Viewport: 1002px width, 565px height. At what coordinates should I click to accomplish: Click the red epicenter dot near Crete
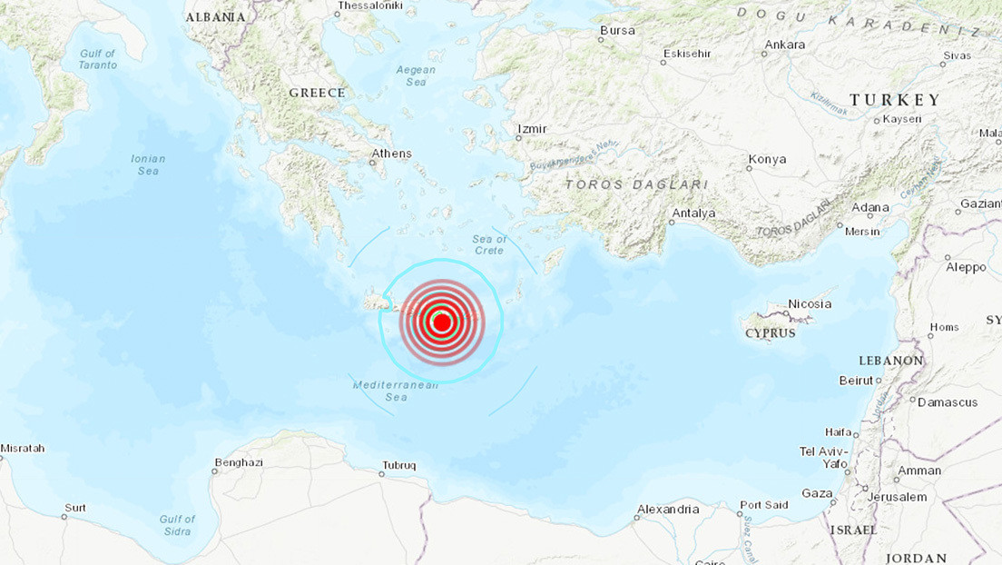(442, 322)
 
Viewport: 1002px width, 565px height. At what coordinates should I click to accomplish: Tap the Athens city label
(391, 154)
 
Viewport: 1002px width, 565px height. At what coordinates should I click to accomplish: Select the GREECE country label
(317, 93)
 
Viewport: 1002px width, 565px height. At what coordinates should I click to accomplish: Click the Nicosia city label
(810, 303)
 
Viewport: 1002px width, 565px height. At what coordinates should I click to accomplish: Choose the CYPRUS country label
(770, 333)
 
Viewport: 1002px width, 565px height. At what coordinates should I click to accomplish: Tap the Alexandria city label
(668, 510)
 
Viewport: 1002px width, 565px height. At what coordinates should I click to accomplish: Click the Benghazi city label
(238, 462)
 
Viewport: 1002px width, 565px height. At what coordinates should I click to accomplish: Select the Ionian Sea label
(148, 164)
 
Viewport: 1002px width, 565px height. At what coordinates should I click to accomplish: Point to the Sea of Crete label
(489, 244)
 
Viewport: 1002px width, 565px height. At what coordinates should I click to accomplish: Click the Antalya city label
(693, 213)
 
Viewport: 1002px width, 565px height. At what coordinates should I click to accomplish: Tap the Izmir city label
(531, 129)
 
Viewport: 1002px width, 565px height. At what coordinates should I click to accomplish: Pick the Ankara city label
(785, 45)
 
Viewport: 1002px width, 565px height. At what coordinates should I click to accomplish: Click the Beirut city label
(856, 381)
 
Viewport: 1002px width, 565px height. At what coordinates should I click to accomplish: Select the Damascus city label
(948, 401)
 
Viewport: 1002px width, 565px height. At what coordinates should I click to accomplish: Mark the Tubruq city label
(398, 465)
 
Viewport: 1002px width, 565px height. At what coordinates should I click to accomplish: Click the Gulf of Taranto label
(98, 59)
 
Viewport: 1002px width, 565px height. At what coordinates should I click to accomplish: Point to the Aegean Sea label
(416, 75)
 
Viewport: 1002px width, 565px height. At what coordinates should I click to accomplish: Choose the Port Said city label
(764, 505)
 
